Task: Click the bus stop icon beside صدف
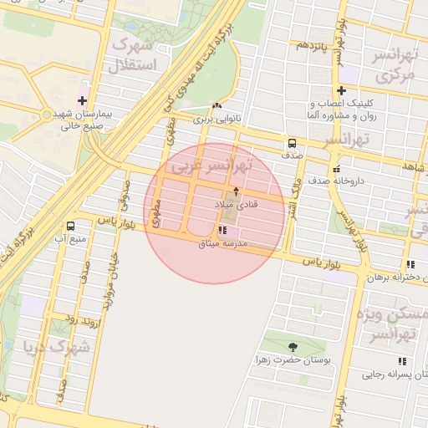pyautogui.click(x=292, y=142)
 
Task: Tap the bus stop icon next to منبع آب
pyautogui.click(x=69, y=226)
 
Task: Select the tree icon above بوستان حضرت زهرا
pyautogui.click(x=293, y=346)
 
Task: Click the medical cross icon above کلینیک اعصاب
pyautogui.click(x=340, y=90)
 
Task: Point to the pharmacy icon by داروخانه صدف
pyautogui.click(x=336, y=169)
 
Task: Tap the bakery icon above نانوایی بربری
pyautogui.click(x=217, y=106)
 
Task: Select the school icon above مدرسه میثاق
pyautogui.click(x=222, y=229)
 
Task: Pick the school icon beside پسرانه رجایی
pyautogui.click(x=402, y=361)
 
